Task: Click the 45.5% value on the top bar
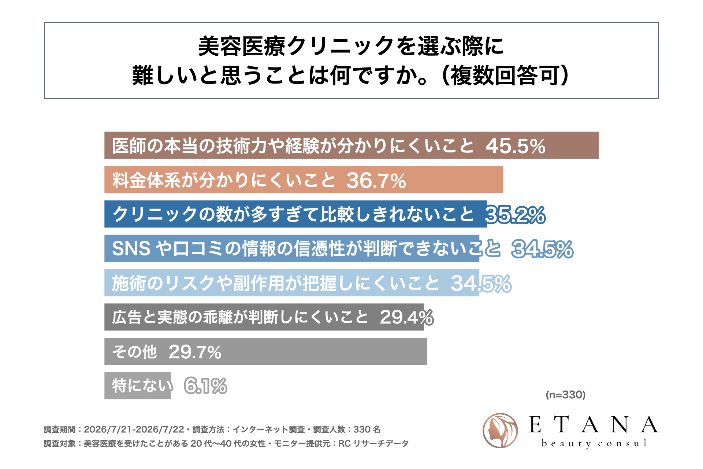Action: [x=515, y=146]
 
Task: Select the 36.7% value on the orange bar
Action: [x=376, y=180]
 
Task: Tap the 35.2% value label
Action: [x=515, y=215]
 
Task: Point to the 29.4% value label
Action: [x=407, y=317]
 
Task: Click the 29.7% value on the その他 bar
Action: [x=195, y=352]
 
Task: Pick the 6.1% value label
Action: [x=205, y=386]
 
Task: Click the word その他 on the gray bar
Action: [x=134, y=352]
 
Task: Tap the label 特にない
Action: [x=142, y=386]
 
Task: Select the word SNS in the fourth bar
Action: [x=131, y=249]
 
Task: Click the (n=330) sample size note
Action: [x=566, y=395]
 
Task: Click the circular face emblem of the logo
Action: [x=500, y=431]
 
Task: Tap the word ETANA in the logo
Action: [x=594, y=425]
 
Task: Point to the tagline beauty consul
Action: [x=594, y=443]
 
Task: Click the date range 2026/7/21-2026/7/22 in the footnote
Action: [x=134, y=429]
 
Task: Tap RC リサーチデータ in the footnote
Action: [x=373, y=444]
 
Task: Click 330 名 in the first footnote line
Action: [x=367, y=429]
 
